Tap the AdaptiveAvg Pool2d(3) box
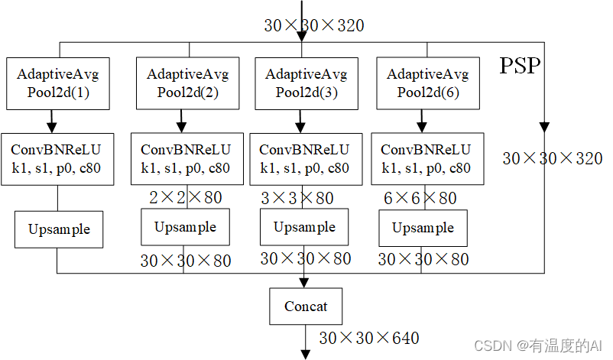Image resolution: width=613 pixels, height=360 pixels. (x=306, y=83)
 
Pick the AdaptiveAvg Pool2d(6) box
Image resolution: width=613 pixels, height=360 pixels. (x=427, y=83)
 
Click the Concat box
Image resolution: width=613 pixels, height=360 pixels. (x=306, y=306)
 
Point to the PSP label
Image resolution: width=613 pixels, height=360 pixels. (x=520, y=66)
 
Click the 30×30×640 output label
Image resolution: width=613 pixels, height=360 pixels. (x=368, y=337)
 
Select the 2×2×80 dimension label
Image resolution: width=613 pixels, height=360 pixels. (x=186, y=198)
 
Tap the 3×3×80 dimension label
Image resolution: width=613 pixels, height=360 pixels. (x=297, y=198)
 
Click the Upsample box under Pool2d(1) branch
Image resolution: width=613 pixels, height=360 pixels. (x=59, y=229)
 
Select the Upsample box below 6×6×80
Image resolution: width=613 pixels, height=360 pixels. (x=423, y=228)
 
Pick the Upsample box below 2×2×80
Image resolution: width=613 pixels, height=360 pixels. (x=185, y=227)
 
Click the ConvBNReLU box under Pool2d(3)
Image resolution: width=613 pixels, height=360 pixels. (x=304, y=159)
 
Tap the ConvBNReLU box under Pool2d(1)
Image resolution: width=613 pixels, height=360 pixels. (x=57, y=159)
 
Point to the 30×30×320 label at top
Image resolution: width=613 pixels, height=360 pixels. (x=313, y=25)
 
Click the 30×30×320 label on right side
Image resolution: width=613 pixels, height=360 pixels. (x=552, y=158)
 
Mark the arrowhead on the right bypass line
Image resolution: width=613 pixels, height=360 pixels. (x=543, y=127)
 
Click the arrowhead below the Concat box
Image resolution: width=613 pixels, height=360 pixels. (x=306, y=354)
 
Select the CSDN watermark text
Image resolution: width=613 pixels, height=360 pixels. (x=539, y=345)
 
